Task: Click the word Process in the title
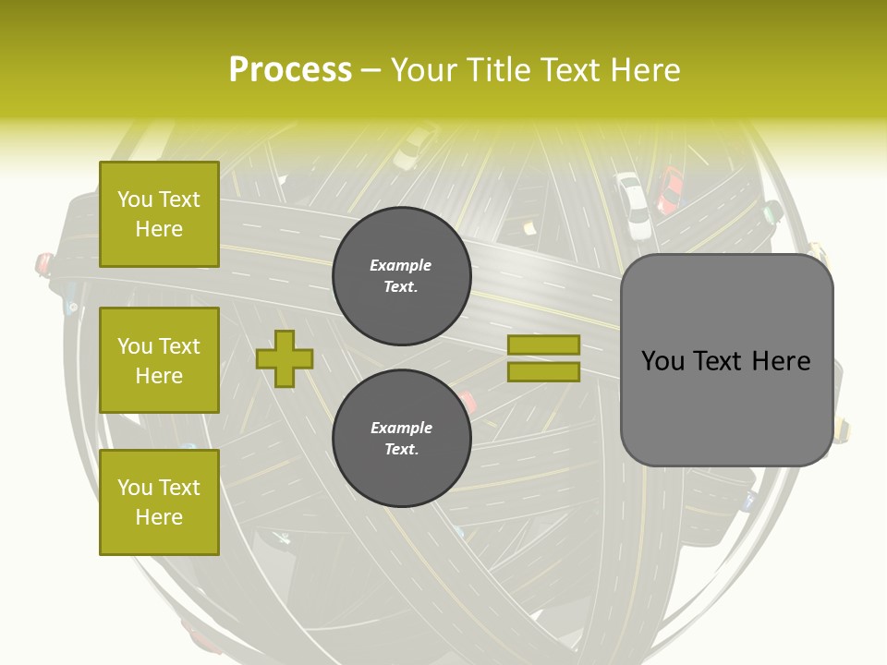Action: click(290, 70)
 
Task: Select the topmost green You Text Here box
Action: click(159, 214)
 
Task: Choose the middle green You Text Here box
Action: click(159, 360)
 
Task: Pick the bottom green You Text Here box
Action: click(159, 502)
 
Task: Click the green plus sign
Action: click(285, 358)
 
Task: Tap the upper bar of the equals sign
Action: click(544, 345)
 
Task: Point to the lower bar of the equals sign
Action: click(544, 372)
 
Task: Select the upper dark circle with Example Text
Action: click(401, 275)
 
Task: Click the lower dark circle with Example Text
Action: click(401, 438)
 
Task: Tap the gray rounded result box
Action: click(726, 360)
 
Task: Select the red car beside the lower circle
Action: click(467, 403)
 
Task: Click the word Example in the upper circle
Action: click(400, 265)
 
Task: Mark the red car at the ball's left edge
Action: click(43, 265)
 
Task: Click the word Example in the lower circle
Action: click(401, 428)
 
